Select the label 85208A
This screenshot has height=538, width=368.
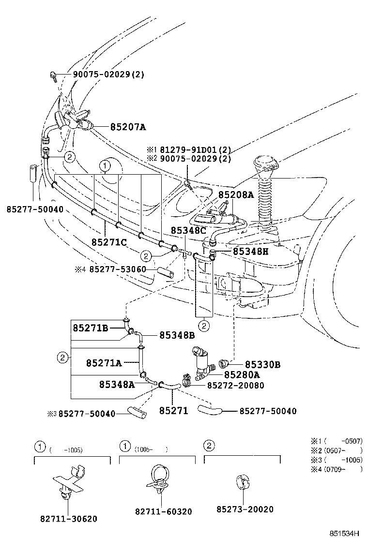[x=236, y=194]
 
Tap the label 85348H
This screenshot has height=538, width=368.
[x=250, y=251]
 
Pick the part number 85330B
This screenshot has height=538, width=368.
[x=262, y=364]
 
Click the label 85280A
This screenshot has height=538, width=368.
[x=242, y=374]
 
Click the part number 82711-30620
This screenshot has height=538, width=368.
[x=68, y=519]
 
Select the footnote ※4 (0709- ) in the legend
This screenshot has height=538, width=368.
[x=336, y=469]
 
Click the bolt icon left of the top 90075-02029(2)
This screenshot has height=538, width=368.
[x=52, y=75]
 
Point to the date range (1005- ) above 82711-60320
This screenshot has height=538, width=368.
[x=151, y=449]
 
